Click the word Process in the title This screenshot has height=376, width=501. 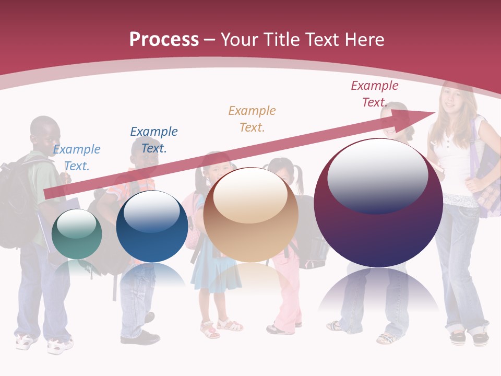(164, 40)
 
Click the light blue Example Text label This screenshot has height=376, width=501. (77, 158)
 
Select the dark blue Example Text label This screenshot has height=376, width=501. (154, 139)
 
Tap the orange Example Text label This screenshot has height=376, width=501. (252, 119)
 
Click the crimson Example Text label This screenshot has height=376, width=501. (375, 94)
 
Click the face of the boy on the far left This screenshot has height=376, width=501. (46, 135)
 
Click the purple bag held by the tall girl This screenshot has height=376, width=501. (488, 172)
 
